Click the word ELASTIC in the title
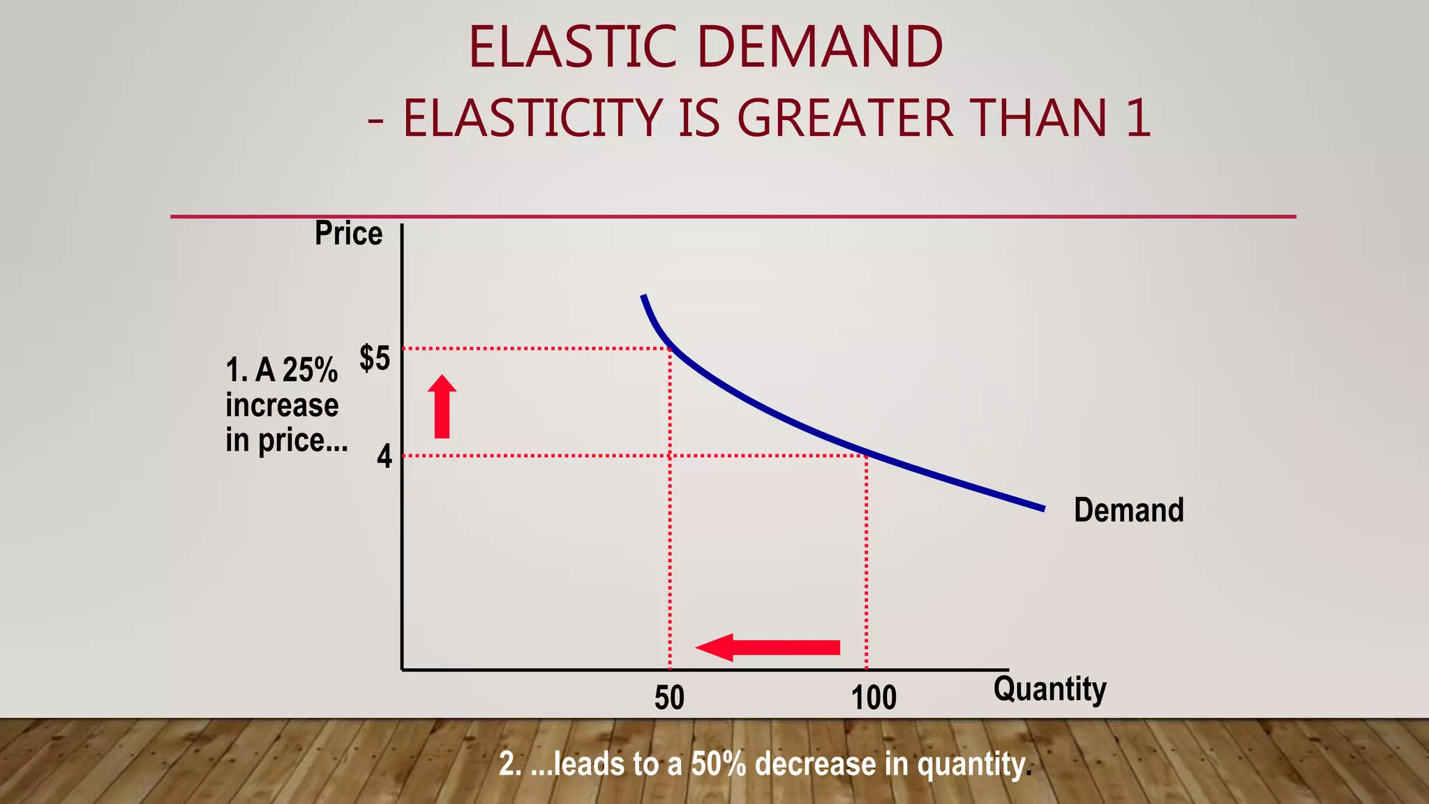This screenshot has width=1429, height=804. click(572, 47)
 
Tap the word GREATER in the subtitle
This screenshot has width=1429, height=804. click(845, 117)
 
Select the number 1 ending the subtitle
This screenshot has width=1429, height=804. click(1137, 117)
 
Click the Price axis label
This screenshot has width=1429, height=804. click(348, 233)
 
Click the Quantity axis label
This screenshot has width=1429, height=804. click(1049, 690)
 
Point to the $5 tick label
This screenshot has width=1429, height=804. click(375, 358)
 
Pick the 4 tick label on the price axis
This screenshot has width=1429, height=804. click(384, 456)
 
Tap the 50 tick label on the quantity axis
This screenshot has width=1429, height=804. click(669, 698)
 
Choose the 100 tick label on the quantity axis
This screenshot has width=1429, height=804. click(874, 698)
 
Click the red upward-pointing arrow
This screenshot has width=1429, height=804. click(442, 407)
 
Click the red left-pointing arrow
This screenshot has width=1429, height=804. click(768, 648)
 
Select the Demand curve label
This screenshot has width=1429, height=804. click(1128, 510)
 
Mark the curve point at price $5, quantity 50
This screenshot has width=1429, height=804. click(670, 348)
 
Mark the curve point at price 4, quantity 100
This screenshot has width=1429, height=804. click(867, 455)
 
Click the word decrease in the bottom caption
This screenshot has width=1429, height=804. click(816, 764)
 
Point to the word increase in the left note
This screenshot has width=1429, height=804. click(282, 405)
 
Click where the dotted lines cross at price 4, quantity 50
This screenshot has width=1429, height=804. click(670, 456)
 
